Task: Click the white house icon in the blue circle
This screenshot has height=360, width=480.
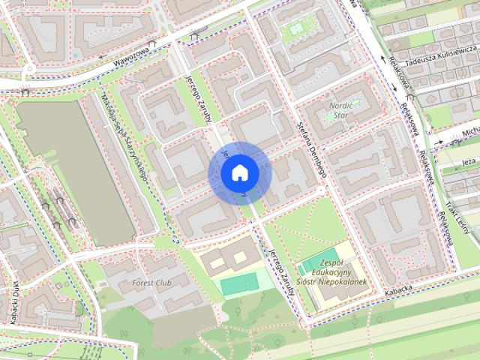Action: [240, 173]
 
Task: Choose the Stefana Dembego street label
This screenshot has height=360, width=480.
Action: [313, 151]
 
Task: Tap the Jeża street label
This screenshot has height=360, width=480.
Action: [469, 162]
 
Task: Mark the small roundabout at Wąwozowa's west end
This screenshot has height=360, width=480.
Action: [28, 69]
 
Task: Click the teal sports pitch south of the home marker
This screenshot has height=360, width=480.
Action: [239, 283]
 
